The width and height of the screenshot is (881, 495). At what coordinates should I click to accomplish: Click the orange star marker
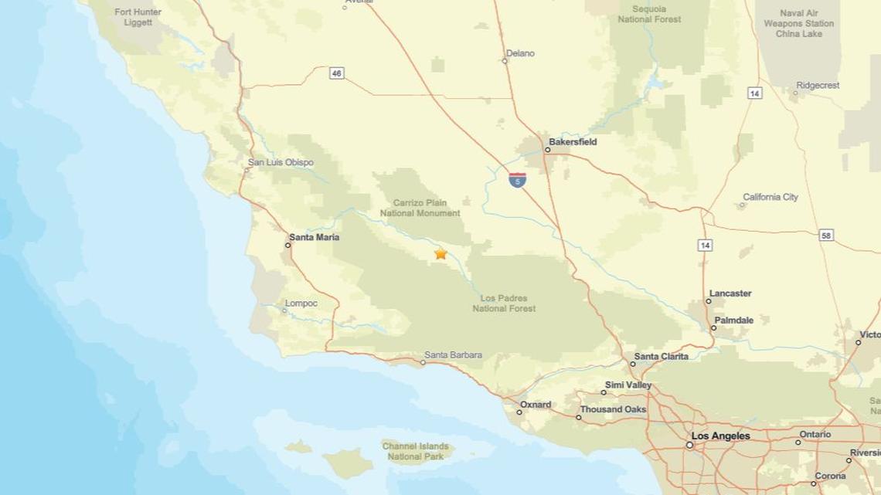(x=440, y=253)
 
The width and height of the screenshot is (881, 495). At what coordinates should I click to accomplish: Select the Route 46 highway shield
(x=336, y=73)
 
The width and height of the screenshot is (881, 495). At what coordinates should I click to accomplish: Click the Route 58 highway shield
(x=826, y=235)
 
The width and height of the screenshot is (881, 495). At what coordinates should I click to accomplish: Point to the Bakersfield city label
(x=573, y=142)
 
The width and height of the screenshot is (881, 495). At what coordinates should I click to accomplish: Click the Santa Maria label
(x=314, y=237)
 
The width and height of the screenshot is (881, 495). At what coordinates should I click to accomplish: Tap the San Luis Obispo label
(x=281, y=162)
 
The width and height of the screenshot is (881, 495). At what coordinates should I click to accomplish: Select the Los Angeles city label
(x=720, y=436)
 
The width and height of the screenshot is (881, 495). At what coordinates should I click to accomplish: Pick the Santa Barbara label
(x=453, y=355)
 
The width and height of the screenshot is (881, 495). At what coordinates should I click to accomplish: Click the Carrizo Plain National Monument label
(x=420, y=208)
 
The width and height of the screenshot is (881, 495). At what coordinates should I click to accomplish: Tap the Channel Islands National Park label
(x=416, y=451)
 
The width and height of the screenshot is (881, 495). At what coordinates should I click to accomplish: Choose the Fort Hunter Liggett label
(x=138, y=17)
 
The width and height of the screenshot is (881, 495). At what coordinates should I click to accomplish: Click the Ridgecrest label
(x=818, y=86)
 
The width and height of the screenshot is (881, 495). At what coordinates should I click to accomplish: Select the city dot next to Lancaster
(x=709, y=301)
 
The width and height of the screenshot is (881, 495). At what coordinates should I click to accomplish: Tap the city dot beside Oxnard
(x=519, y=412)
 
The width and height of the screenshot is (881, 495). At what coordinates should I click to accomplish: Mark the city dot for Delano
(x=505, y=61)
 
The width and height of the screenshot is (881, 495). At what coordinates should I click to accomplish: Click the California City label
(x=770, y=197)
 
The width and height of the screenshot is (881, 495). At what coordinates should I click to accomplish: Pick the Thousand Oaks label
(x=613, y=409)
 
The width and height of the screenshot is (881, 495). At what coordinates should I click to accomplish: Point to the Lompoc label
(x=301, y=303)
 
